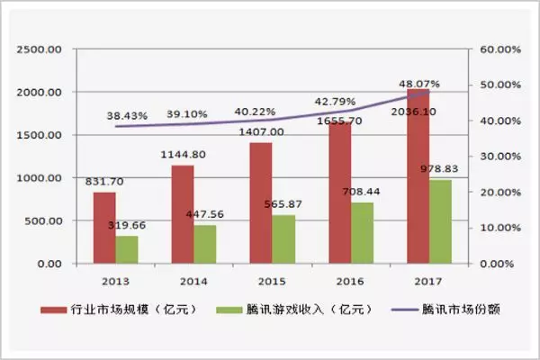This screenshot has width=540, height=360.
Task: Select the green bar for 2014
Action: [205, 244]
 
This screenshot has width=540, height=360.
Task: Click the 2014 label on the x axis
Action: [193, 280]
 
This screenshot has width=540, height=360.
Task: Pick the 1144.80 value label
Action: [184, 154]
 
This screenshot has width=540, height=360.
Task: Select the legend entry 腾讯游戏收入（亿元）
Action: [288, 310]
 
